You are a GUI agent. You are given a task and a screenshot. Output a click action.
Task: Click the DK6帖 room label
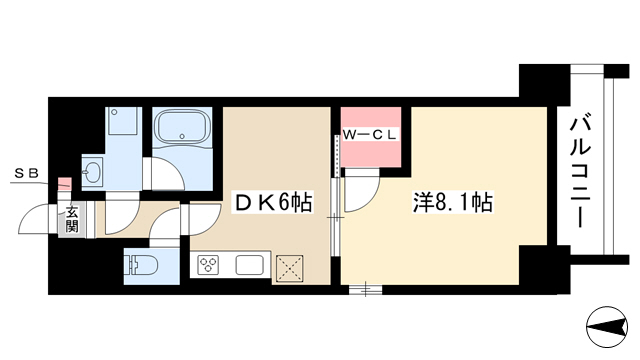tap(273, 202)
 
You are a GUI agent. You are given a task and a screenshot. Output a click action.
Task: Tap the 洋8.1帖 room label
tap(453, 202)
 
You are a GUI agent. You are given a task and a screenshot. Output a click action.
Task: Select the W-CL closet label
tap(370, 135)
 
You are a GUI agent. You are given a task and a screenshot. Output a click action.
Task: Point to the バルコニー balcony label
tap(580, 171)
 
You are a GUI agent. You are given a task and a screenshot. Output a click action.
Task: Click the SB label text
tap(27, 174)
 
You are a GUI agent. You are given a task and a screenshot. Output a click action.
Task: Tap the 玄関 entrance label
tap(72, 219)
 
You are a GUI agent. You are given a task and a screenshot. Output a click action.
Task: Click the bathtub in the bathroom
tap(182, 127)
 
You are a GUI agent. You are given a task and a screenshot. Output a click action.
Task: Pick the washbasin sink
tap(93, 171)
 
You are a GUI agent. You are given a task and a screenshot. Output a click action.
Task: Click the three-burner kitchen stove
tap(208, 264)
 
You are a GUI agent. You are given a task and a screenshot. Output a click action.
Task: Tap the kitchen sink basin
tap(249, 265)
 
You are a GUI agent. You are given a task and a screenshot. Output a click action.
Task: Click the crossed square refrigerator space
tap(289, 268)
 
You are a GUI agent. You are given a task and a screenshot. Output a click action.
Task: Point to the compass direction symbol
tap(607, 327)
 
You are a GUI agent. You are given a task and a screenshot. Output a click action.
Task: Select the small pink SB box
tap(64, 184)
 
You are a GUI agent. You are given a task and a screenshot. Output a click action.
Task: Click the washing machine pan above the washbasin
tap(123, 121)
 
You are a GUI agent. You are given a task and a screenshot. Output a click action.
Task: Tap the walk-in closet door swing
tap(362, 191)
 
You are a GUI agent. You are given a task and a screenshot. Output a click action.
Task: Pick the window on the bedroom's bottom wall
tap(365, 289)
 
